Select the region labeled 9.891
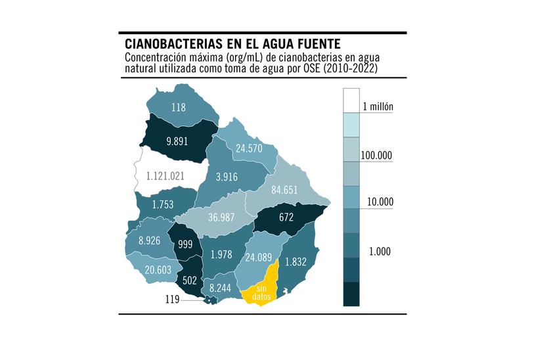pyautogui.click(x=179, y=141)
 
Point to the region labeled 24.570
pyautogui.click(x=249, y=148)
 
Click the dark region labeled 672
pyautogui.click(x=286, y=217)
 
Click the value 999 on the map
pyautogui.click(x=184, y=243)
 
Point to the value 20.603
pyautogui.click(x=159, y=270)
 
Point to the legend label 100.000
pyautogui.click(x=376, y=155)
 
